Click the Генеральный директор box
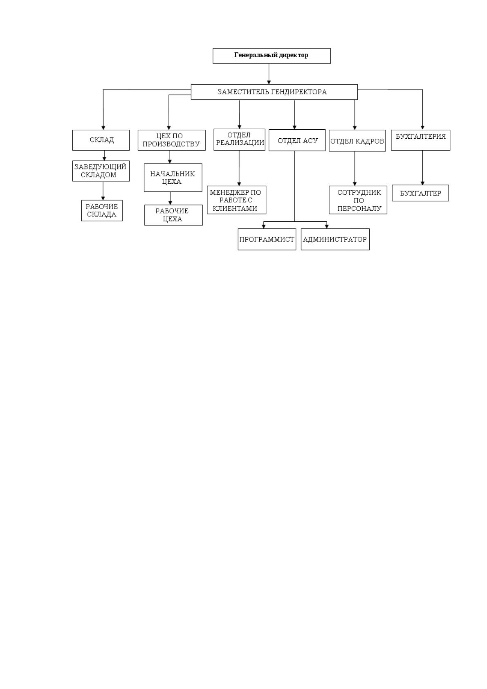pos(272,56)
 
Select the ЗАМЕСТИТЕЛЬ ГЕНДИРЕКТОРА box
pos(274,92)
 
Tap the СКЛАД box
pos(101,140)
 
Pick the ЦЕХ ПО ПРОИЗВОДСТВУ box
pos(172,140)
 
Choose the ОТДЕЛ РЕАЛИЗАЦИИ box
pos(240,140)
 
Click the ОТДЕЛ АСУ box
pos(297,140)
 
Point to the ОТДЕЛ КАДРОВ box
pos(357,140)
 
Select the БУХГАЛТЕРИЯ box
pos(421,140)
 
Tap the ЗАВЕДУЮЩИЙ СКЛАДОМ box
pos(101,171)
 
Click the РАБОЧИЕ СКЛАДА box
pos(102,210)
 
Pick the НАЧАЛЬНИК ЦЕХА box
pos(173,178)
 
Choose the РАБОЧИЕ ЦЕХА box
pos(173,215)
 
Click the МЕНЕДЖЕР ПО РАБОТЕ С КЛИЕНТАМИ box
pos(236,200)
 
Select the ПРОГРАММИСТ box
pos(267,239)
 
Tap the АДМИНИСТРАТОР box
pos(335,239)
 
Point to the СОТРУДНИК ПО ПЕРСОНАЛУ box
pos(358,200)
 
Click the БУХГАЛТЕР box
pos(420,193)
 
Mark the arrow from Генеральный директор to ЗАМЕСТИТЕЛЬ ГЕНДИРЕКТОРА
pos(269,74)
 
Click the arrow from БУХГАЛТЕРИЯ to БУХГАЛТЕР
pos(422,168)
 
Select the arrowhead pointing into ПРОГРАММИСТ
pos(264,226)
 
